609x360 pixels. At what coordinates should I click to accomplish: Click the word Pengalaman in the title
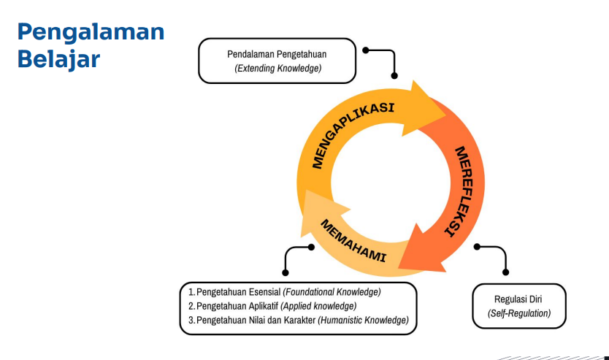[91, 32]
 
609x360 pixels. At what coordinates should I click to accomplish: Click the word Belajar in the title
[58, 59]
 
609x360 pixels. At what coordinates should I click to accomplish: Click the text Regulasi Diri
[518, 299]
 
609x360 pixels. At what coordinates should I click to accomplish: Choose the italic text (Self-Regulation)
[518, 313]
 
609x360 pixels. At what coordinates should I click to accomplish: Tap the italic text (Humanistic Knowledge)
[363, 320]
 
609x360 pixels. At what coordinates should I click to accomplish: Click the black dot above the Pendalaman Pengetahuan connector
[366, 50]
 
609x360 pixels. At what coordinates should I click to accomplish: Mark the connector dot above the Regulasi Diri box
[477, 247]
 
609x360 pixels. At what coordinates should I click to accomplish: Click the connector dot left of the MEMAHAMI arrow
[311, 247]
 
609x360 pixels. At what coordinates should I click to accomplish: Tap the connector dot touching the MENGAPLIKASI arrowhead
[395, 75]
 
